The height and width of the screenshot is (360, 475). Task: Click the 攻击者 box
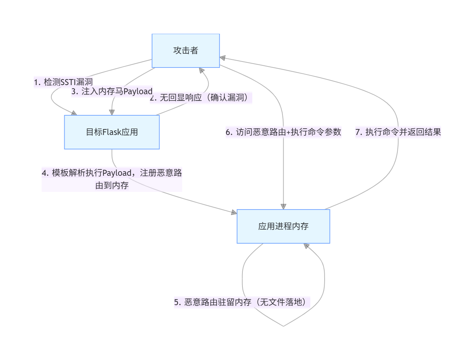pos(186,51)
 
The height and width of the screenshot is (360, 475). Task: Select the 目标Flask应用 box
pos(112,132)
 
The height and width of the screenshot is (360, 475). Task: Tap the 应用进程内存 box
pos(283,226)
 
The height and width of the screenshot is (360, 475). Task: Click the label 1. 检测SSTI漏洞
pos(63,82)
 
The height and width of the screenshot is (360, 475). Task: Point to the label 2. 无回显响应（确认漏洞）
pos(201,98)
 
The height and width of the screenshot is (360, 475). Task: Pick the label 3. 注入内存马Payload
pos(112,91)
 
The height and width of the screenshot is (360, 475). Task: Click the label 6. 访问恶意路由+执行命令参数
pos(283,132)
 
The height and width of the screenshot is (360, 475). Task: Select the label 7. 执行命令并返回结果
pos(398,132)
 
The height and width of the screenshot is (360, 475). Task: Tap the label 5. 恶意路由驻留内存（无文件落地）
pos(242,302)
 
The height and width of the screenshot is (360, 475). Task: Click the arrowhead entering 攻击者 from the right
pos(223,58)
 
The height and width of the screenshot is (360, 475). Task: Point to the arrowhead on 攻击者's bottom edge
pos(201,70)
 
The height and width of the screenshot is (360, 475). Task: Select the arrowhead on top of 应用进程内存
pos(284,206)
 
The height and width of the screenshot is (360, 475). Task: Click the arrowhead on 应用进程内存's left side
pos(234,212)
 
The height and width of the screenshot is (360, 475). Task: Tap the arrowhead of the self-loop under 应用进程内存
pos(306,246)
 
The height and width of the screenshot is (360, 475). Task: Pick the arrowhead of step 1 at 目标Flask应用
pos(74,113)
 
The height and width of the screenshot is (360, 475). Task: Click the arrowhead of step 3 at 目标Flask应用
pos(112,112)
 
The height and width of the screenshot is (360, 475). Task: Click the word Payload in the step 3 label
pos(138,91)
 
